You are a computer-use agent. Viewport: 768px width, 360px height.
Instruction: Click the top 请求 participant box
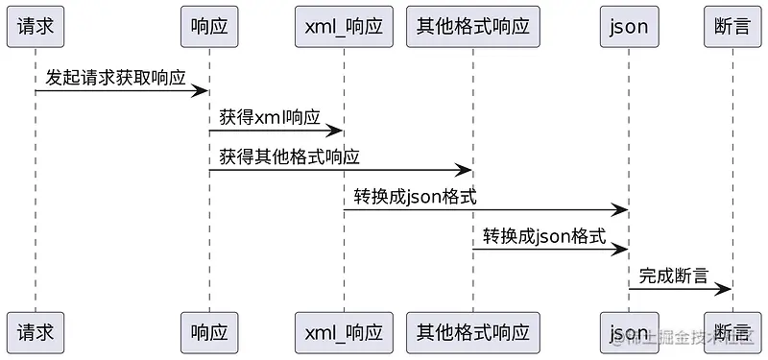36,26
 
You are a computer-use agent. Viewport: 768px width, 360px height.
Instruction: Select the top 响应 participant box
209,26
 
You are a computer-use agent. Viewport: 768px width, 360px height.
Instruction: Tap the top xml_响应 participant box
344,26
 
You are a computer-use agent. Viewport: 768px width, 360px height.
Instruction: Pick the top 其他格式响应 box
473,26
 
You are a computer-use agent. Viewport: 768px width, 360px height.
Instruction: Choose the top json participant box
629,26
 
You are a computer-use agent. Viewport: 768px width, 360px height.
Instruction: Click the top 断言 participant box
732,26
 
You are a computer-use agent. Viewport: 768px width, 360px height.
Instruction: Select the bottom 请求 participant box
36,333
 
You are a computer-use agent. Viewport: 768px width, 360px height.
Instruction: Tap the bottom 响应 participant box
209,333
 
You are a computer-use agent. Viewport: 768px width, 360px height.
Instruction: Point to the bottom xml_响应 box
344,333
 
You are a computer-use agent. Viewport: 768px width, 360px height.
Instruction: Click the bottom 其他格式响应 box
473,333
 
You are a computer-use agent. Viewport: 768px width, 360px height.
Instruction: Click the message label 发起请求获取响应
115,78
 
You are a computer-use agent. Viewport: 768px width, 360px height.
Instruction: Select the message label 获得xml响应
270,117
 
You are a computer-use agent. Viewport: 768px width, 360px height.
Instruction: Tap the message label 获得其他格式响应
289,156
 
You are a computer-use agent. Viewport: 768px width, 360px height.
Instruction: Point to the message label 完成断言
674,276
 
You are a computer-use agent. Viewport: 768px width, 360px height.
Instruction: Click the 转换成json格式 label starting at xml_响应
415,197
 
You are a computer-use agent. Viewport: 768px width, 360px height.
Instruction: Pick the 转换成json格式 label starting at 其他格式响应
544,236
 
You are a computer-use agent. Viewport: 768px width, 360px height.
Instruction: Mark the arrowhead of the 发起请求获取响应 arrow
202,91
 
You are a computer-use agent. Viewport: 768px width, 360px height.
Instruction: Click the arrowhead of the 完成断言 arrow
725,289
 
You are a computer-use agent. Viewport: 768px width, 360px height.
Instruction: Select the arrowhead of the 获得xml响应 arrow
336,131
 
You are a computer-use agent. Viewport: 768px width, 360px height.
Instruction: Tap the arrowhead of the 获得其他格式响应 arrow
465,170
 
